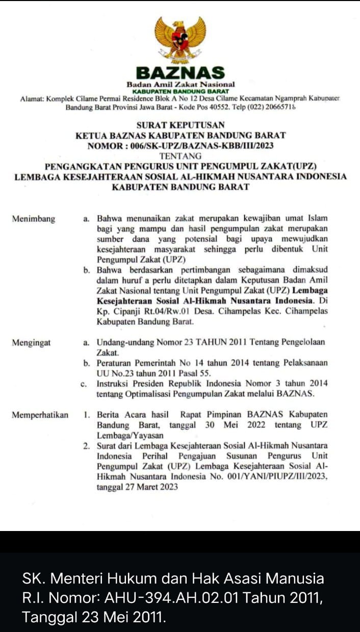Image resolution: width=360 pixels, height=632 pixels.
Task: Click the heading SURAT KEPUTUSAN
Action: (x=181, y=125)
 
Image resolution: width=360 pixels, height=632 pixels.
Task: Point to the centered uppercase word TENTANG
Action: (x=181, y=156)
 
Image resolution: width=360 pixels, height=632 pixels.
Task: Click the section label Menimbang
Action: (x=34, y=219)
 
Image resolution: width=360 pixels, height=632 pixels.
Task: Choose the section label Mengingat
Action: (x=32, y=343)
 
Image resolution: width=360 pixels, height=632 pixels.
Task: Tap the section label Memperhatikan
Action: (x=40, y=415)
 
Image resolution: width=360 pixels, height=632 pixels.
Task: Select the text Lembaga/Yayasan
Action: (x=131, y=436)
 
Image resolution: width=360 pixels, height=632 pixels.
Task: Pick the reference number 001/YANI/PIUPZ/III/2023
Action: (x=275, y=476)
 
